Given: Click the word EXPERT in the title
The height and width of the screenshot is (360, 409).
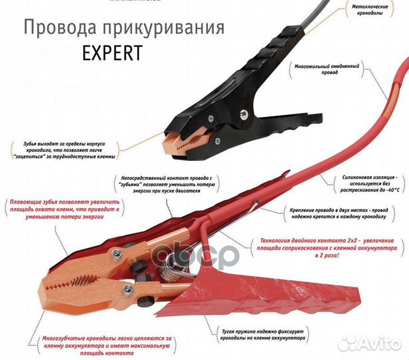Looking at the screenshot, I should [x=113, y=53].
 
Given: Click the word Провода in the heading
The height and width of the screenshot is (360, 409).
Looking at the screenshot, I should [x=55, y=28].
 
